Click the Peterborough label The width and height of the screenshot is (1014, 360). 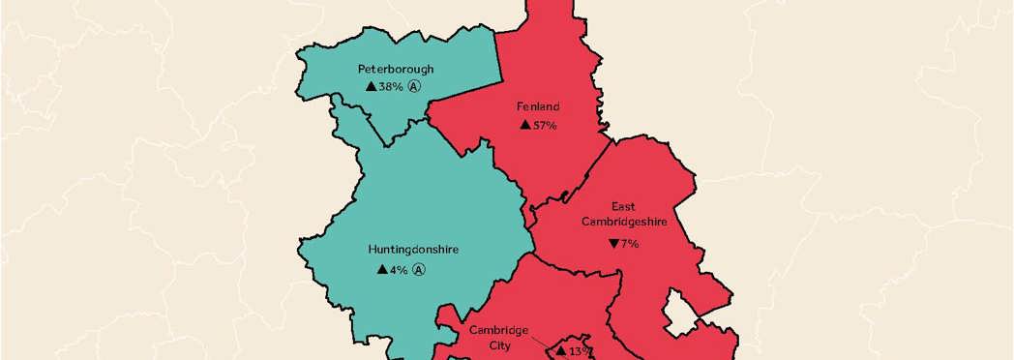pos(395,69)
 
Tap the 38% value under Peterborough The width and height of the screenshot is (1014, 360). pos(391,86)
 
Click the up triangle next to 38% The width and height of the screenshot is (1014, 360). pos(371,86)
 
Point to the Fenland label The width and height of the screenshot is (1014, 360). pos(539,106)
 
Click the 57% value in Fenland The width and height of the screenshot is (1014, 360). pos(545,125)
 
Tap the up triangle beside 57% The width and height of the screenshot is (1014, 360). pos(524,125)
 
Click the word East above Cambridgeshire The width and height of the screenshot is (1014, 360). pos(624,206)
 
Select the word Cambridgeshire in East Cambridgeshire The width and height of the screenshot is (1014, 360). pos(624,221)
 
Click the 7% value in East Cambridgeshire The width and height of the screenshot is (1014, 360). pos(630,243)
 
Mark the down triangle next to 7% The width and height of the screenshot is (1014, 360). pos(613,243)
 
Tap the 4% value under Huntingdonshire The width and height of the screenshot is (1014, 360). pos(399,269)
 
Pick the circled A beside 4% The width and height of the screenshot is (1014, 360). pos(419,269)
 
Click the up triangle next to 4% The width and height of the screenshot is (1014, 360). pos(382,269)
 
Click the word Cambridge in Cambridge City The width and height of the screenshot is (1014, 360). pos(499,329)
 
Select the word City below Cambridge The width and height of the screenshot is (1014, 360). pos(499,344)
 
